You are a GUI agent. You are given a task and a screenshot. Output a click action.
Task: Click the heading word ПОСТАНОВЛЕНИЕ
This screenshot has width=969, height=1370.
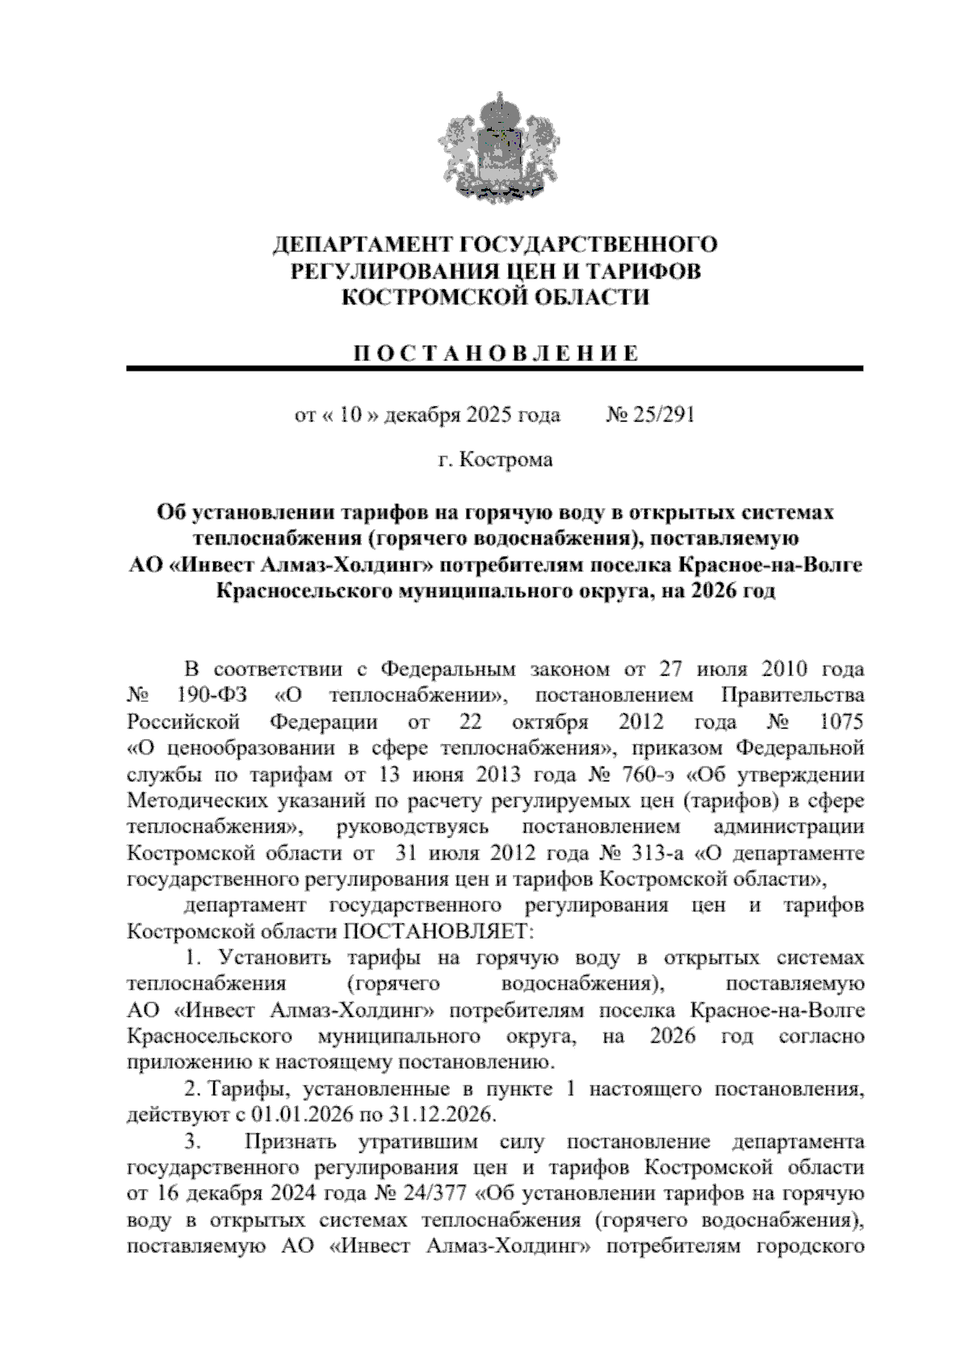[x=495, y=354]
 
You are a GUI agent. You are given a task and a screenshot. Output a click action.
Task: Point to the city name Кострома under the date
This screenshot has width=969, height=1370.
[x=507, y=460]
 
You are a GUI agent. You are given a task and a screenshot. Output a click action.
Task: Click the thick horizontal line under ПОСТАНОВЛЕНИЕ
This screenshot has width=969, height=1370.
[x=495, y=369]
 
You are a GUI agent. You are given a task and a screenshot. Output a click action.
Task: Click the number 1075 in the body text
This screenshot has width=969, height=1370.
[x=841, y=721]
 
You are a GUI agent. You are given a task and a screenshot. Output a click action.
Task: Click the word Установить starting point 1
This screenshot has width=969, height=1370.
[x=271, y=959]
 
